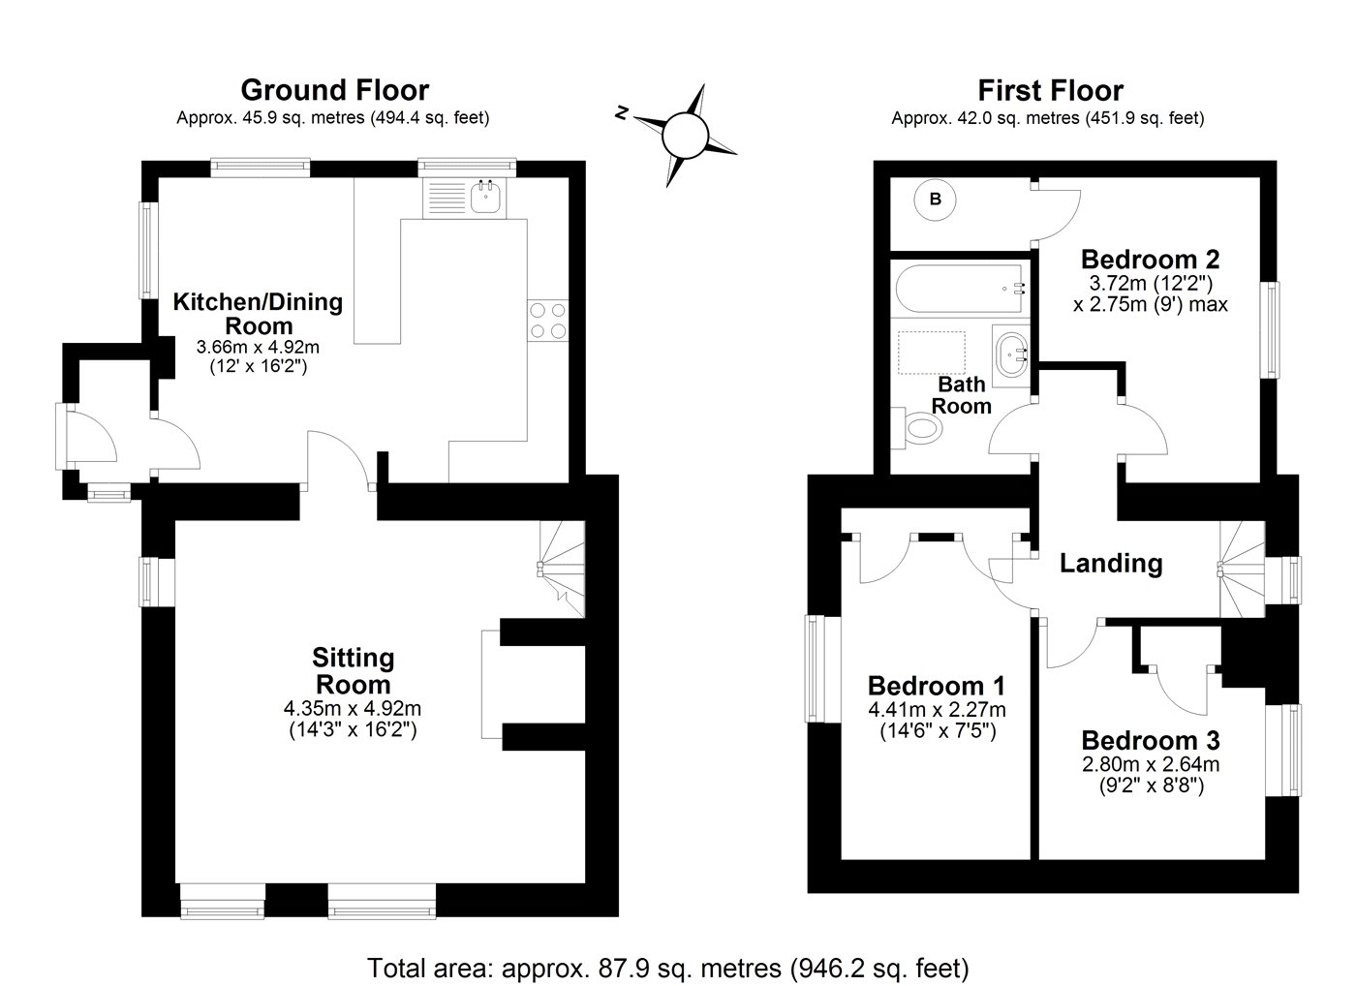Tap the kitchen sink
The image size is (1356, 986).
click(484, 199)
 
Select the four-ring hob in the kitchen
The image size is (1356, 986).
click(547, 321)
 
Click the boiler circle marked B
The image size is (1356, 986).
click(936, 200)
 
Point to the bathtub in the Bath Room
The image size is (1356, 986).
click(960, 288)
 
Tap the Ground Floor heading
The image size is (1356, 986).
click(334, 90)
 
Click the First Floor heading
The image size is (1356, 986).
click(1050, 91)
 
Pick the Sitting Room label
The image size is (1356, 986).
click(353, 671)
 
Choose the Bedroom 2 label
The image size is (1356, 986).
click(1150, 260)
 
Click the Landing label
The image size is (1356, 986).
click(1110, 563)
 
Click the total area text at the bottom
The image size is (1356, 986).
click(668, 967)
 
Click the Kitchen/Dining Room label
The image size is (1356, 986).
click(258, 312)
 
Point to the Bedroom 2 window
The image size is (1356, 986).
click(1270, 330)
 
